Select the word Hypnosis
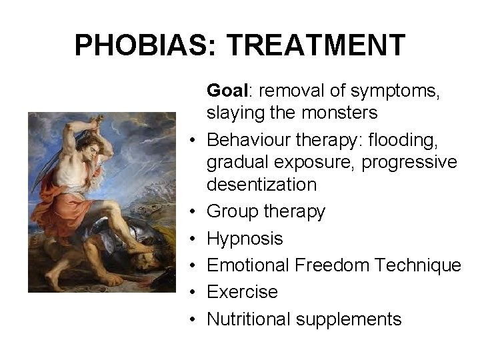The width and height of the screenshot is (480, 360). (245, 238)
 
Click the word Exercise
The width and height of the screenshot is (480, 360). (242, 292)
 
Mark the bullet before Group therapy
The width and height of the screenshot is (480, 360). (191, 212)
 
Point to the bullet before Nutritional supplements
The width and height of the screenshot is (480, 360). (191, 319)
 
